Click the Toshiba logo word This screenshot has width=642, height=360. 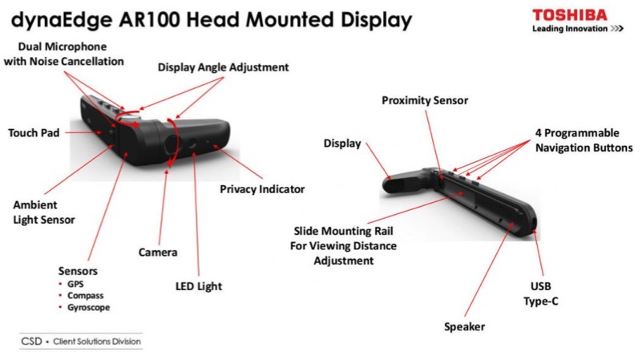tap(570, 15)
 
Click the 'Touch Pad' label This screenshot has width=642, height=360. tap(34, 133)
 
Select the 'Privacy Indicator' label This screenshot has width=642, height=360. tap(262, 189)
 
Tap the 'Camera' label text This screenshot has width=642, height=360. tap(158, 253)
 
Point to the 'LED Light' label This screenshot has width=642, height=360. tap(199, 286)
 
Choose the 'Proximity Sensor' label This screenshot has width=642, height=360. tap(425, 101)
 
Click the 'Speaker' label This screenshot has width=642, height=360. tap(464, 327)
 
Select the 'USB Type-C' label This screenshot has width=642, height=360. tap(541, 293)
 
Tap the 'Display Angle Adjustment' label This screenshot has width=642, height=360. tap(223, 67)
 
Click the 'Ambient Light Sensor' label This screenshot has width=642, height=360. tap(44, 212)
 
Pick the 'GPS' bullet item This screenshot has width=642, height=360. tap(75, 284)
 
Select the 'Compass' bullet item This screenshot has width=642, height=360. tap(85, 296)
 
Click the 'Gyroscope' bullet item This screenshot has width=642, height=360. tap(88, 308)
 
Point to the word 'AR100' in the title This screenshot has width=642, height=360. tap(149, 20)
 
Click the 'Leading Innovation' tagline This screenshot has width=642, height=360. tap(570, 29)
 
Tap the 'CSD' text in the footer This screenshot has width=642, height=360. tap(31, 342)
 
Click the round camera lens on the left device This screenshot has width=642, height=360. tap(172, 144)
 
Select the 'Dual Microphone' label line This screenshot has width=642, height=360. tap(63, 47)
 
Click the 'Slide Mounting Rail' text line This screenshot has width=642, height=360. tap(343, 231)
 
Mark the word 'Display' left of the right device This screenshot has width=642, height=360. tap(342, 144)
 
